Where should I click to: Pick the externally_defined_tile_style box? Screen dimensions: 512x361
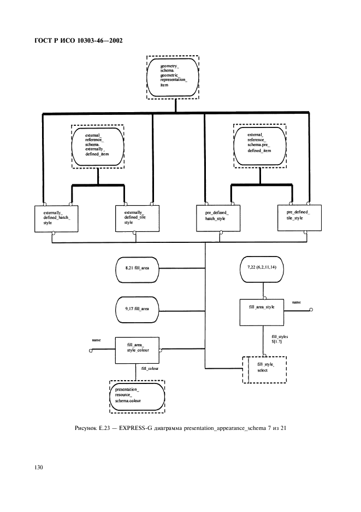tap(137, 217)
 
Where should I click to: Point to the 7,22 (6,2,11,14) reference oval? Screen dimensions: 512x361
tap(264, 268)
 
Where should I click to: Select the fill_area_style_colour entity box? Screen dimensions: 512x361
tap(137, 350)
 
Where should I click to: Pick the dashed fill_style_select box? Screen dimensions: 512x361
tap(264, 369)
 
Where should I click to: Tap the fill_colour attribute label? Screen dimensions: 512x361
tap(150, 370)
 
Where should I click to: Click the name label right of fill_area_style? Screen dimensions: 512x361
tap(296, 302)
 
